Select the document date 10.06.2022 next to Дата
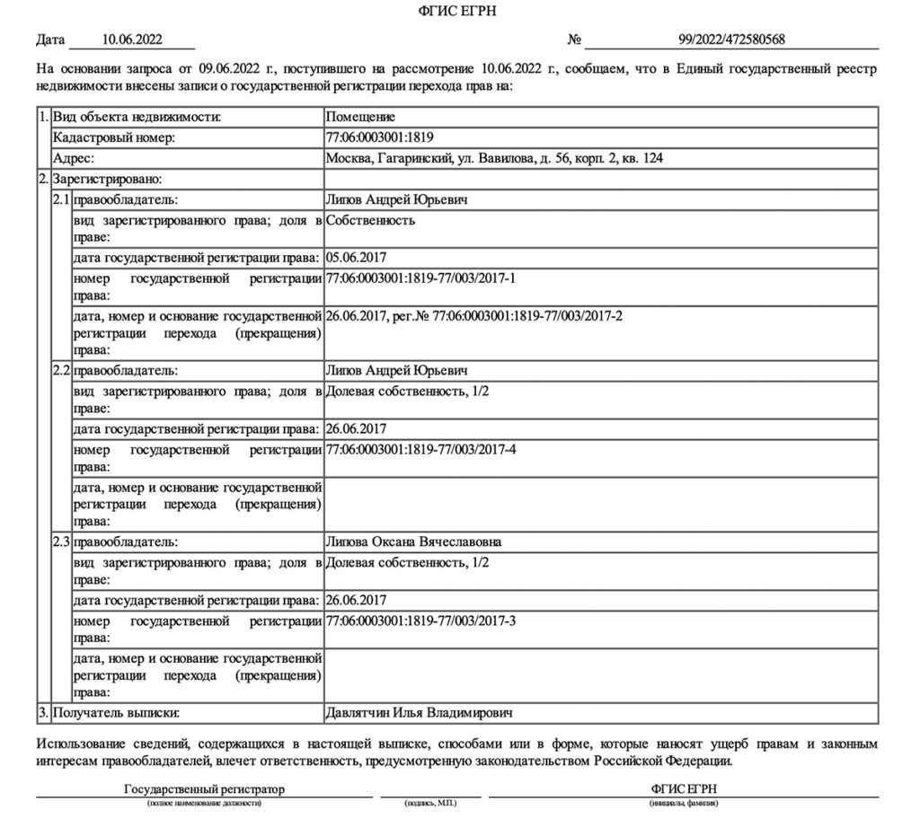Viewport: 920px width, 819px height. tap(131, 40)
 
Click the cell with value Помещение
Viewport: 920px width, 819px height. tap(360, 117)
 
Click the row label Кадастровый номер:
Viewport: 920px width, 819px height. tap(113, 137)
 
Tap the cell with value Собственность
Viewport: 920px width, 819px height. tap(370, 220)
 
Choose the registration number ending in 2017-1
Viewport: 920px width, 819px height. tap(420, 279)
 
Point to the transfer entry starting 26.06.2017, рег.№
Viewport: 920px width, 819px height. tap(474, 316)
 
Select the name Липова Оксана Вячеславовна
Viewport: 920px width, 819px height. tap(414, 542)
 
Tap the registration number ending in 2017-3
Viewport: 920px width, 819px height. tap(420, 621)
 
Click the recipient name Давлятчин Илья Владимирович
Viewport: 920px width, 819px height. tap(419, 713)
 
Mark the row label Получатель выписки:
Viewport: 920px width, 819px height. tap(117, 713)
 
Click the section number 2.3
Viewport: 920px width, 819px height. tap(61, 542)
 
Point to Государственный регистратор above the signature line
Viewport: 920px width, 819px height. tap(204, 788)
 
